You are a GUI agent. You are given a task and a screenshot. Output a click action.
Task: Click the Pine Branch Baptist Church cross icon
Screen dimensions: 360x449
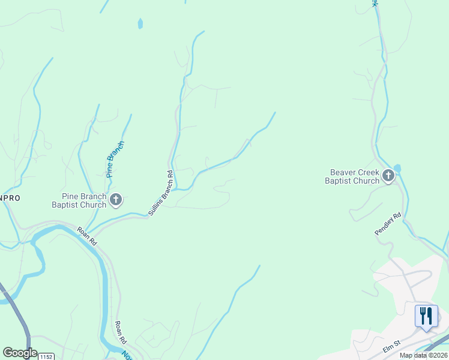116,199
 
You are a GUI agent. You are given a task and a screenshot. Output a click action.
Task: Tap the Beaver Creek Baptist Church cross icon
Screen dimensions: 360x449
388,176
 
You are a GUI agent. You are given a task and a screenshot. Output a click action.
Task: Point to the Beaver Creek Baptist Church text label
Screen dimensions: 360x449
352,176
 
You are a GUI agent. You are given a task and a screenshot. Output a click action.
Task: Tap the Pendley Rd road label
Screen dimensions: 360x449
387,224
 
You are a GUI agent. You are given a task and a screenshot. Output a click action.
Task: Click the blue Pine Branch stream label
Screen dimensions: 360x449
115,159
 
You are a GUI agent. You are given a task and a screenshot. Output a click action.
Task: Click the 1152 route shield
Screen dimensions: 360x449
46,356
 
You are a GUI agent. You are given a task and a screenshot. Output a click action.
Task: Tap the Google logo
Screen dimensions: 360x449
19,353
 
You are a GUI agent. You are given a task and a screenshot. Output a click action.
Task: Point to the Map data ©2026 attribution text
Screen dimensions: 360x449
423,355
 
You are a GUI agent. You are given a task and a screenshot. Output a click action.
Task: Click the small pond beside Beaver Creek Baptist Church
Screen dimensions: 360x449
397,168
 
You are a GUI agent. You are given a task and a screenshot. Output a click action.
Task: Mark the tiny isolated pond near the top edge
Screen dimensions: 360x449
140,24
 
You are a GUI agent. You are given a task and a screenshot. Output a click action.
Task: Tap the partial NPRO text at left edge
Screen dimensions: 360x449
10,196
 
